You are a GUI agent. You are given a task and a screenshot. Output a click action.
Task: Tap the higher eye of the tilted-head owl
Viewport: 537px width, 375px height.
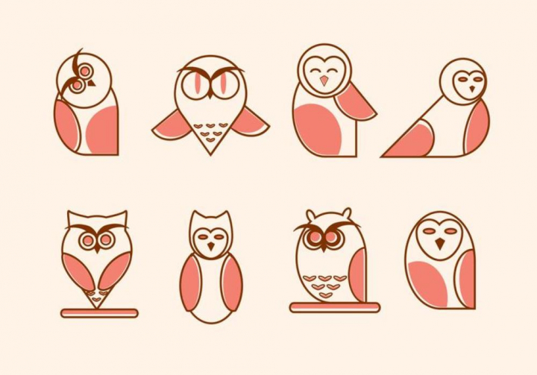point(85,71)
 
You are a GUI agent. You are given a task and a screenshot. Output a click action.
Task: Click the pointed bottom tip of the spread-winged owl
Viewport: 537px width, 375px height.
point(210,154)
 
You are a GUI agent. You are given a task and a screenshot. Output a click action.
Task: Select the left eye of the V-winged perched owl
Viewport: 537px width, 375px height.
point(84,241)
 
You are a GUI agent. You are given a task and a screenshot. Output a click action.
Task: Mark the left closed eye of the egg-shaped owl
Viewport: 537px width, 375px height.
point(426,233)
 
